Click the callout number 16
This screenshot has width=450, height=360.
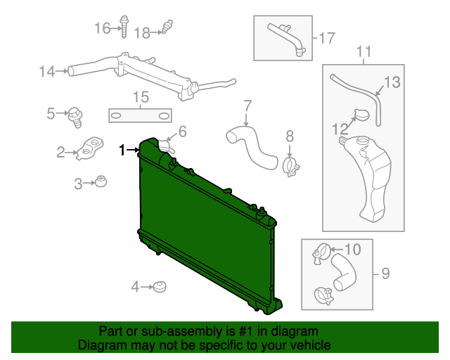pyautogui.click(x=103, y=28)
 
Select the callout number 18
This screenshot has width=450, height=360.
pyautogui.click(x=142, y=32)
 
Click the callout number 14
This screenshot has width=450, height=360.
pyautogui.click(x=47, y=71)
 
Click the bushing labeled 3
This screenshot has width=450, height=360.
pyautogui.click(x=101, y=181)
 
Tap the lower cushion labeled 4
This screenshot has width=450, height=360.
pyautogui.click(x=160, y=286)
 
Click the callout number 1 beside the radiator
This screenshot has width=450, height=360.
pyautogui.click(x=123, y=150)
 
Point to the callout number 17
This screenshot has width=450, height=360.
pyautogui.click(x=327, y=38)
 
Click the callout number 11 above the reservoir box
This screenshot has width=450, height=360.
pyautogui.click(x=364, y=51)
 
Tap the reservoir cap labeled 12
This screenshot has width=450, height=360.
pyautogui.click(x=363, y=116)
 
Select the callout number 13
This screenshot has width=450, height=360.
pyautogui.click(x=392, y=82)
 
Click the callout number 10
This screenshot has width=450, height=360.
pyautogui.click(x=352, y=249)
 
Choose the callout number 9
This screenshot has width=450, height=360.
pyautogui.click(x=386, y=274)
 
